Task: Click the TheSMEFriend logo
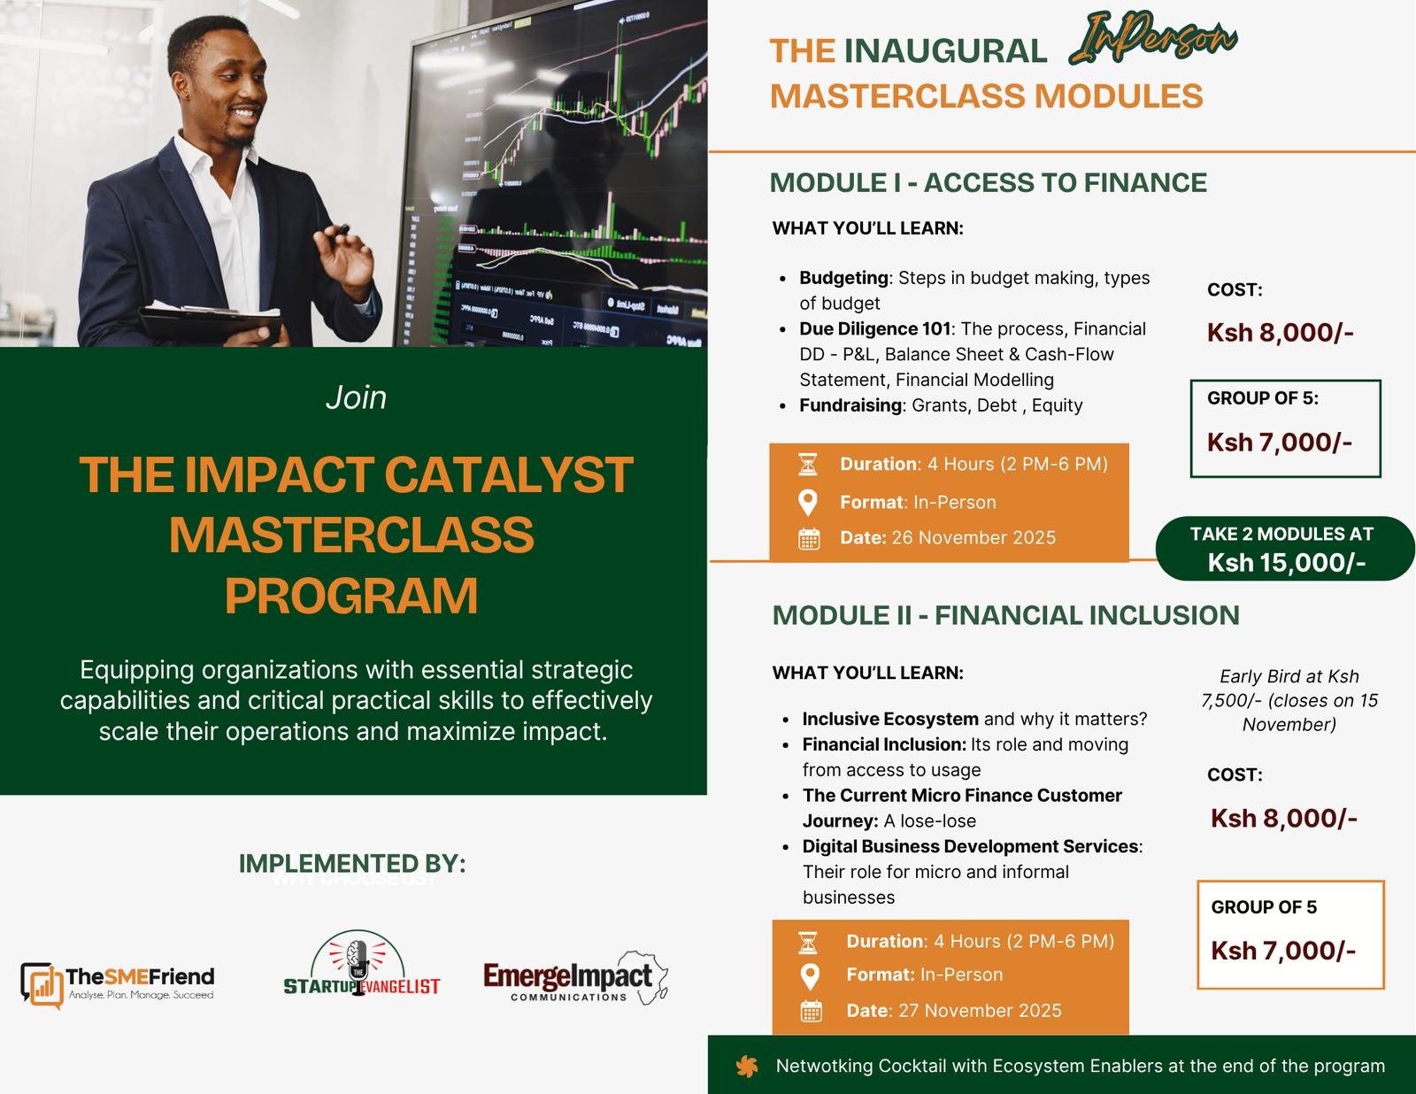[x=118, y=984]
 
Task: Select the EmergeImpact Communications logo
[x=575, y=978]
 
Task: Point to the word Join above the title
[x=356, y=397]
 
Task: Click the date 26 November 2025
[x=973, y=537]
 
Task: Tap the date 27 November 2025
[x=980, y=1011]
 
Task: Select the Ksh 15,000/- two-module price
[x=1286, y=563]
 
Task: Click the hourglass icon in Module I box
[x=808, y=464]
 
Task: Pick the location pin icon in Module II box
[x=810, y=976]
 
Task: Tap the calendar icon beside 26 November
[x=809, y=539]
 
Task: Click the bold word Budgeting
[x=844, y=278]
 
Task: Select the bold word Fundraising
[x=850, y=405]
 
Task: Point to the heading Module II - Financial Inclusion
[x=1005, y=616]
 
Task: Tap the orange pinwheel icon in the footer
[x=747, y=1067]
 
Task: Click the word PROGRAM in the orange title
[x=352, y=596]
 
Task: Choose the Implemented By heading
[x=352, y=864]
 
